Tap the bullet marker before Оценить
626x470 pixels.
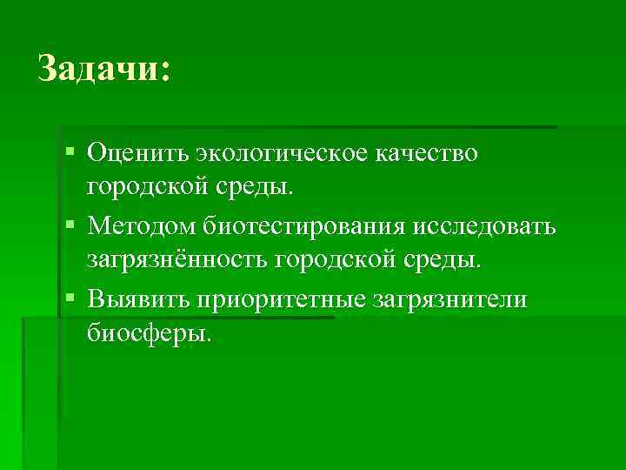[70, 152]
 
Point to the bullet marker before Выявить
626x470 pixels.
[70, 299]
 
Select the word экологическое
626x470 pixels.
[281, 155]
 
